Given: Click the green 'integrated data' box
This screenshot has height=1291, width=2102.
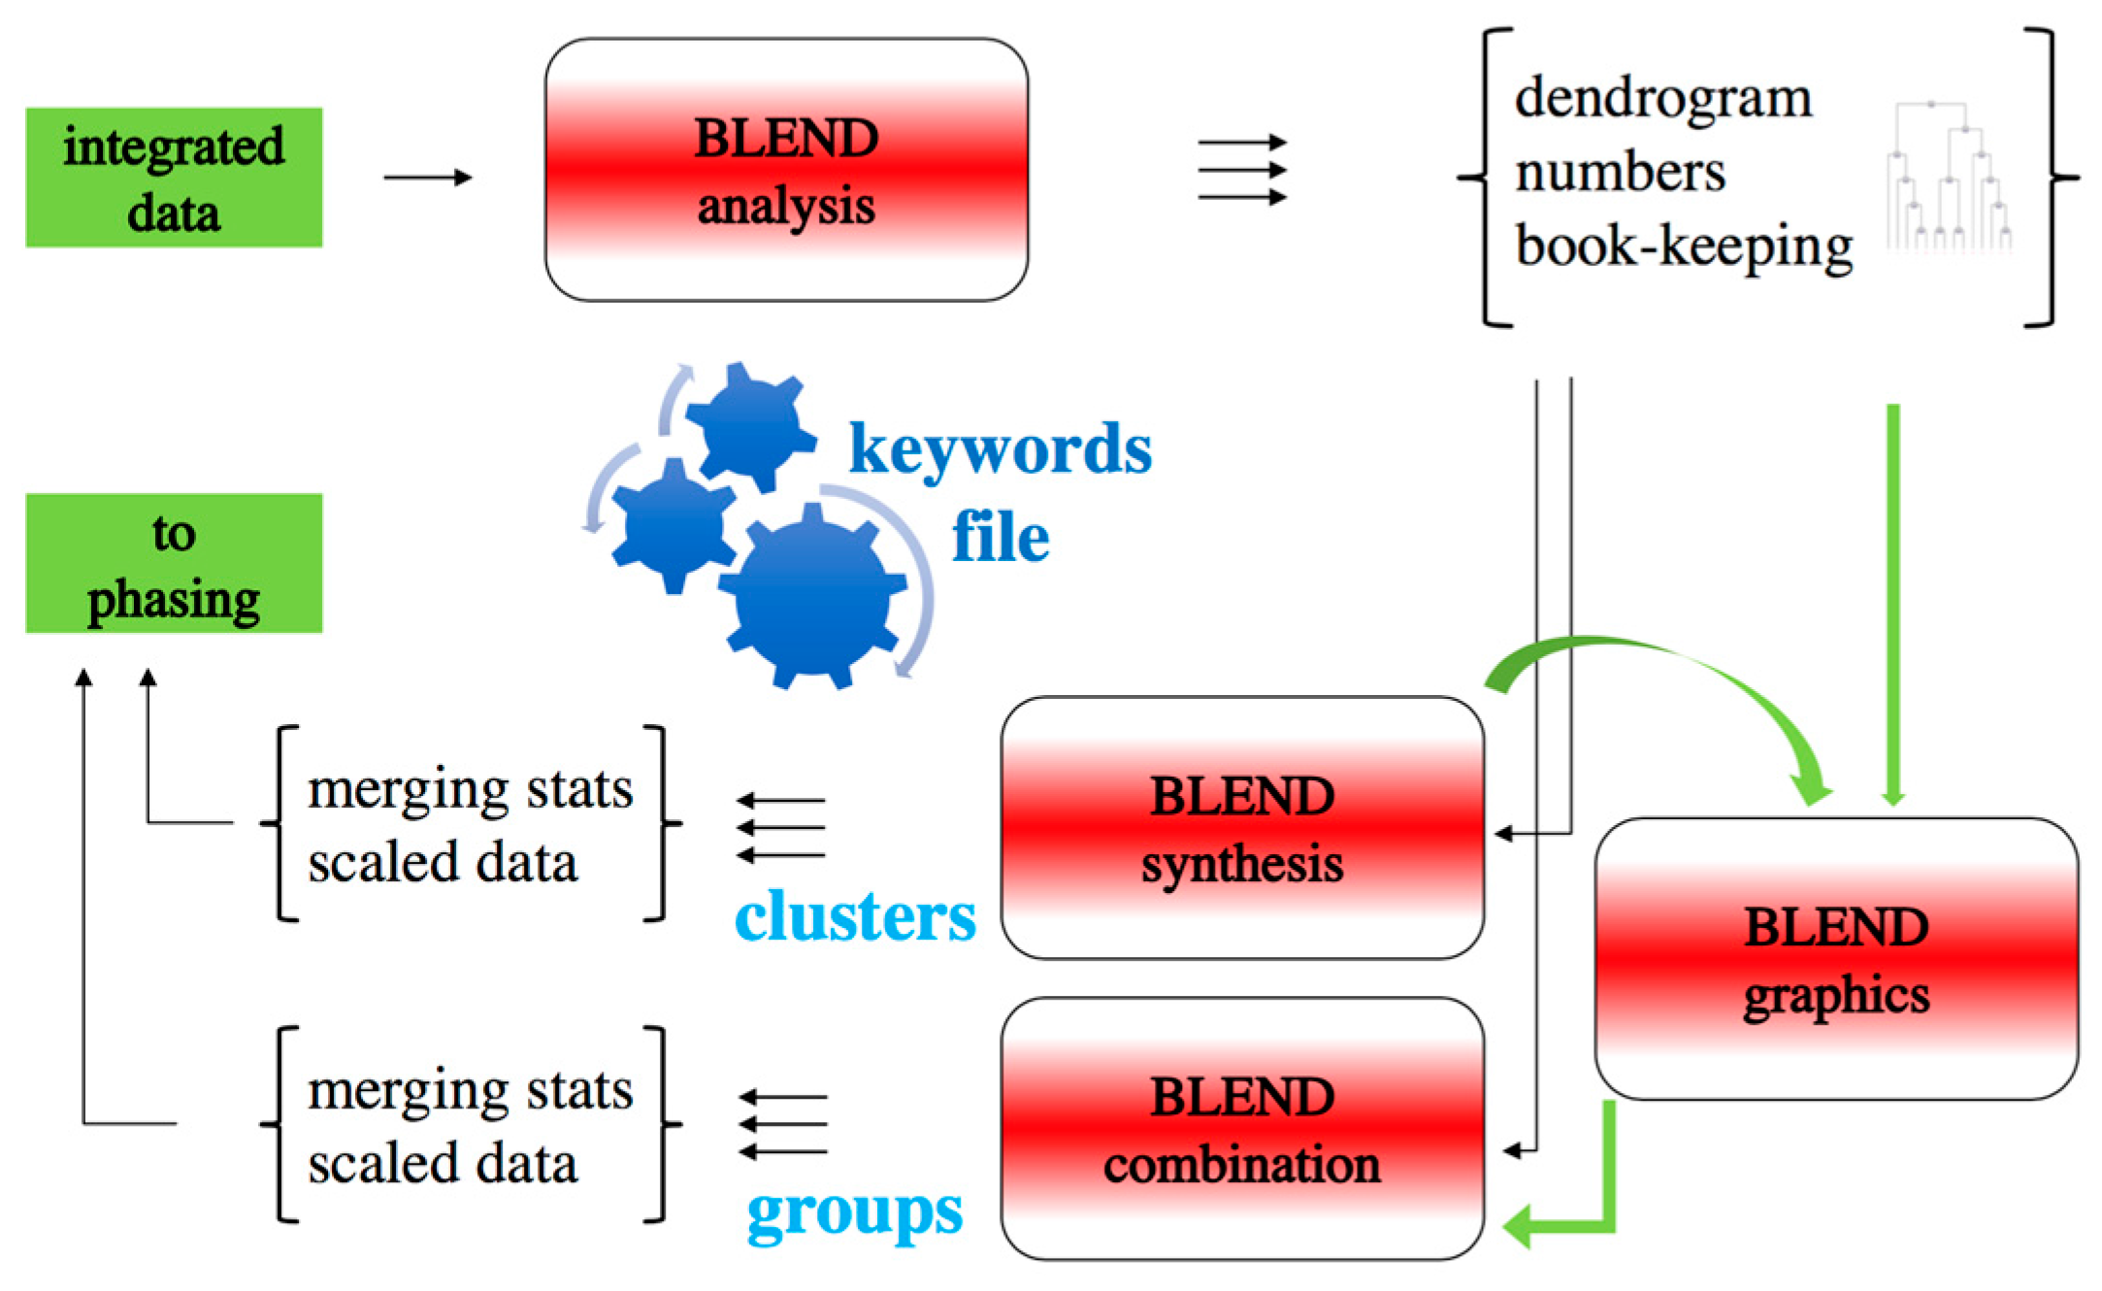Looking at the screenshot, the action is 174,178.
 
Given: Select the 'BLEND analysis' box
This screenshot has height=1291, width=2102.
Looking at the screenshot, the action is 786,170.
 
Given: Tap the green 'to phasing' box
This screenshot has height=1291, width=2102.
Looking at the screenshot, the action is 174,563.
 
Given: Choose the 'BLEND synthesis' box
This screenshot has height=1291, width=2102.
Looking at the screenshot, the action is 1242,828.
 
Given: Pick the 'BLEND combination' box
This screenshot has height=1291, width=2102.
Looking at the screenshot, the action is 1242,1129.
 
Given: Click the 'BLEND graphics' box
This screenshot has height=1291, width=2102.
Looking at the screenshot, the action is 1836,959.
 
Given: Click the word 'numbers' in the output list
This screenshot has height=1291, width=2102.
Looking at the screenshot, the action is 1620,173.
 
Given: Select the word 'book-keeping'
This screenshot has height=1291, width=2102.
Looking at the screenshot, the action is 1684,247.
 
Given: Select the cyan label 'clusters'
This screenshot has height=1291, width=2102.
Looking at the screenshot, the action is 855,915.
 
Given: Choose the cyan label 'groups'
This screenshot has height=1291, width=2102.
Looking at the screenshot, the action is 855,1213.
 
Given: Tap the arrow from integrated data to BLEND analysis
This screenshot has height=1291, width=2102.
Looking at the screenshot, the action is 428,178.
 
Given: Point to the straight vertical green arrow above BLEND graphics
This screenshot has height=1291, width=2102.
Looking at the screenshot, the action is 1892,605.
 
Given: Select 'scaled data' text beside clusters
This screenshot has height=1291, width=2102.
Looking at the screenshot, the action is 443,863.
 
